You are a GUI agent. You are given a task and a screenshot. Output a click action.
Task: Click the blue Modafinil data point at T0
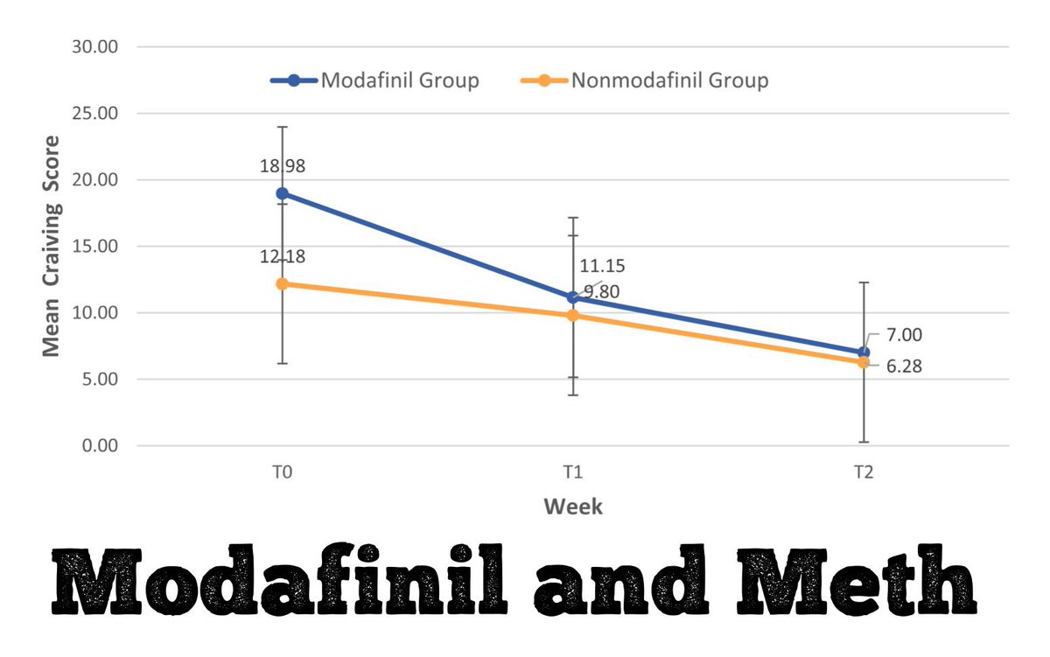point(282,193)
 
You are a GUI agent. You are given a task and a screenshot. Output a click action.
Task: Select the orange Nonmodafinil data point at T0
point(282,283)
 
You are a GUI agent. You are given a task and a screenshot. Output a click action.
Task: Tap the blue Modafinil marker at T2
point(864,352)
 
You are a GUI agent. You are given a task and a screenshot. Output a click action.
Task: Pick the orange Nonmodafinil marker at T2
point(864,362)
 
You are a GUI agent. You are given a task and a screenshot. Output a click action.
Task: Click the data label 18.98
point(282,166)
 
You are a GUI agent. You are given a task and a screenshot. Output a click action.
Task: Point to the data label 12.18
point(282,256)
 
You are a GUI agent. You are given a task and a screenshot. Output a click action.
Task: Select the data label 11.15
point(603,266)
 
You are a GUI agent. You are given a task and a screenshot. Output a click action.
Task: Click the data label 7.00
point(904,335)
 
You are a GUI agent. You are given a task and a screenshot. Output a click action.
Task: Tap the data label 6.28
point(904,367)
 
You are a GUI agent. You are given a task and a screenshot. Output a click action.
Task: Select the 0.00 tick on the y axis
point(98,446)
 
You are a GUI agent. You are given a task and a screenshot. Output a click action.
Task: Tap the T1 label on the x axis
point(572,472)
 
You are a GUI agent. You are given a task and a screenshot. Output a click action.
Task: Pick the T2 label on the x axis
point(864,472)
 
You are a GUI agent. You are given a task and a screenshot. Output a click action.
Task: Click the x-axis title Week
point(572,507)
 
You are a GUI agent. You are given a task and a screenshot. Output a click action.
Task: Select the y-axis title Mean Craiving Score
point(52,246)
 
